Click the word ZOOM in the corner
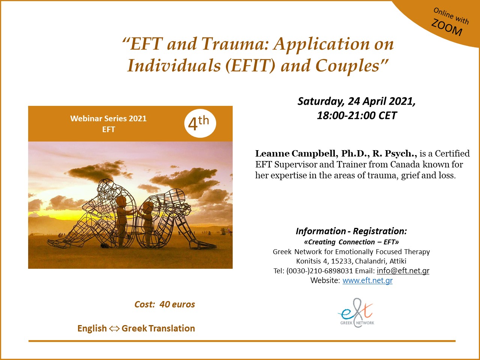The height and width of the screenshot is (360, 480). (x=447, y=27)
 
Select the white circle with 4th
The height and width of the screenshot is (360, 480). (x=200, y=124)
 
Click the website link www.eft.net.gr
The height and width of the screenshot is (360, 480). (x=367, y=280)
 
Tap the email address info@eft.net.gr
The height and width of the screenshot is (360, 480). (x=403, y=271)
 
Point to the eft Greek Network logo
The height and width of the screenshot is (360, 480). (x=356, y=313)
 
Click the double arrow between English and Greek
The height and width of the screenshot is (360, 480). (x=114, y=328)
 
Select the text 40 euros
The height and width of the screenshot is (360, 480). (x=177, y=304)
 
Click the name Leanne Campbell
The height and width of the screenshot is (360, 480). (x=295, y=154)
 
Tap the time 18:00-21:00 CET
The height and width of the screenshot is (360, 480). (x=357, y=116)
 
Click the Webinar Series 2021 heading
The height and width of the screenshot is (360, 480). (x=108, y=119)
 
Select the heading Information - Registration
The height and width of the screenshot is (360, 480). (x=351, y=231)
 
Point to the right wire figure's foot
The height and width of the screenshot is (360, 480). (x=203, y=246)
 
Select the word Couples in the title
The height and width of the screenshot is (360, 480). (x=347, y=66)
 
